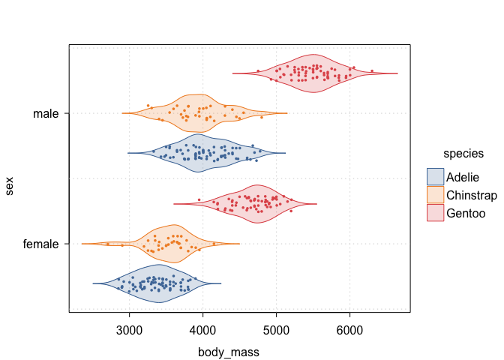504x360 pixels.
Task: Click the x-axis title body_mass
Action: coord(229,350)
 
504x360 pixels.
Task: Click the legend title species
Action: coord(463,154)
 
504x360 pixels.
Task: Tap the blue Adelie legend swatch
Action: coord(435,177)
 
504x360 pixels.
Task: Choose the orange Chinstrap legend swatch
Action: coord(435,194)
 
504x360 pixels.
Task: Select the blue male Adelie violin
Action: coord(202,153)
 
